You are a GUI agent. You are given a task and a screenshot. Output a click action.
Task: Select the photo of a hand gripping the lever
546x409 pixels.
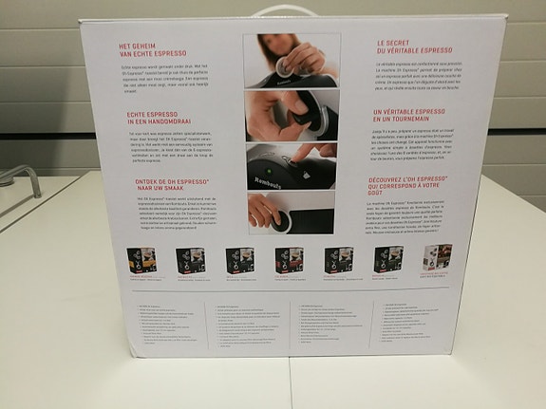pos(291,115)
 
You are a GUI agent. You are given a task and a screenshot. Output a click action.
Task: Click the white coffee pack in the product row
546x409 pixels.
pos(437,259)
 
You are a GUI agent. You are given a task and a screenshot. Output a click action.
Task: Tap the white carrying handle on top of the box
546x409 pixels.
pos(283,12)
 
